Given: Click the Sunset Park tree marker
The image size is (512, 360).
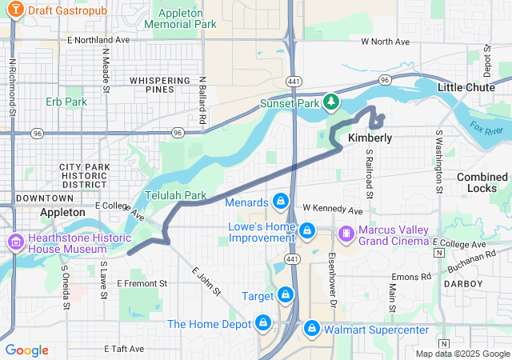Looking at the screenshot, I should click(x=331, y=103).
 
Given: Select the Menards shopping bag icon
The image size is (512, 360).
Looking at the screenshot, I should click(x=281, y=202).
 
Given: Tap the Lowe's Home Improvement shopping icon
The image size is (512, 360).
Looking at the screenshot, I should click(x=306, y=231).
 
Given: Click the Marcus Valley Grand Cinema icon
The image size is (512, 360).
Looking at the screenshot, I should click(x=346, y=233).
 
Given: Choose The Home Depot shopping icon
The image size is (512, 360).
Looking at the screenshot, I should click(x=262, y=323).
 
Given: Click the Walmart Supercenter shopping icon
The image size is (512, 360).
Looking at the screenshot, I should click(x=311, y=329).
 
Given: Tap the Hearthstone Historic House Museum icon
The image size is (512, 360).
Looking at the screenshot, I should click(x=15, y=242).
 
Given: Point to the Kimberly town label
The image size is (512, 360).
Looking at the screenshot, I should click(x=370, y=138).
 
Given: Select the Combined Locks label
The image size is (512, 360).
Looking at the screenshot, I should click(x=482, y=182).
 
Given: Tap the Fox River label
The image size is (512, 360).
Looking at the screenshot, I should click(x=486, y=128).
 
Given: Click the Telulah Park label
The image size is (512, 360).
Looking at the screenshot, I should click(x=175, y=195).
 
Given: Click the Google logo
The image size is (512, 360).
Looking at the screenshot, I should click(x=26, y=350).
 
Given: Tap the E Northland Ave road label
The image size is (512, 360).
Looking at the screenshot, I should click(x=98, y=39).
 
